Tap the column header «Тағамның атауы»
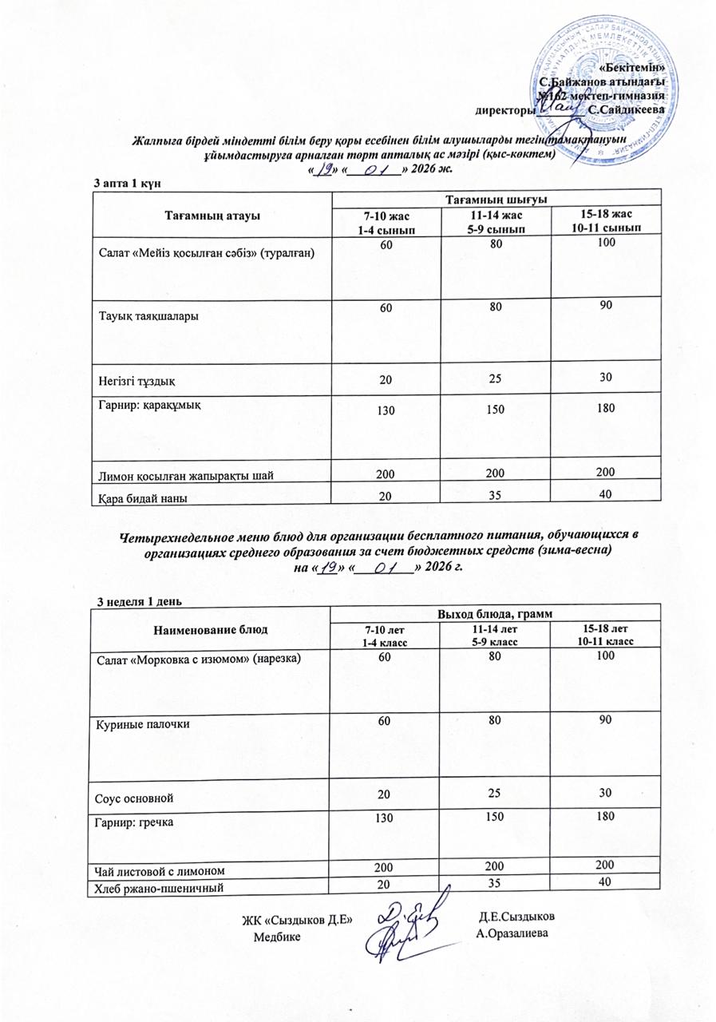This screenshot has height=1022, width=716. pos(212,215)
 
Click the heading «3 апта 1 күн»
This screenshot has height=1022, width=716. pos(129,184)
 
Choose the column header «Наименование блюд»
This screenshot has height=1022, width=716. pos(211,629)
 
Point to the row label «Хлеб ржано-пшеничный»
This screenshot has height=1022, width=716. pos(160,887)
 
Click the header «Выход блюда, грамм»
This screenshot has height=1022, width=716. pos(497,613)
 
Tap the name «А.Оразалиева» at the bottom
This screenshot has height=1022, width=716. pos(512,933)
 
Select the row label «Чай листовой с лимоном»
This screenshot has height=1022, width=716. pos(159,869)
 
